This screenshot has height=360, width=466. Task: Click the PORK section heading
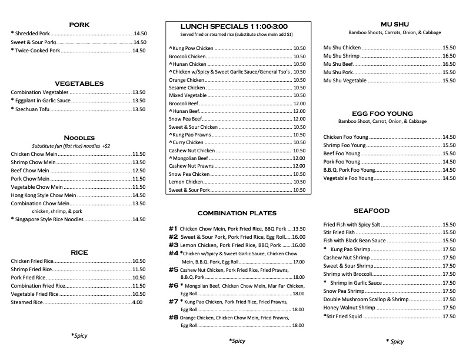(x=79, y=25)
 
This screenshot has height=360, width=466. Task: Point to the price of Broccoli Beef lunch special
(x=299, y=103)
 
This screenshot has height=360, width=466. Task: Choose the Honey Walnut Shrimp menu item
(x=349, y=308)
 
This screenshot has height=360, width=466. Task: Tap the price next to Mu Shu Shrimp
(x=449, y=56)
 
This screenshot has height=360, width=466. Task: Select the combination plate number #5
(x=174, y=269)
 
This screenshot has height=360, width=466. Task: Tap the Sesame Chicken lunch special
(x=187, y=88)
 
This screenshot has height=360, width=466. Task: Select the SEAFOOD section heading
(x=371, y=211)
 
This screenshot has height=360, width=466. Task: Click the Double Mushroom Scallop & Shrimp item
(x=365, y=299)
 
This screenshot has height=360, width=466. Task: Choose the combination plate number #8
(x=174, y=318)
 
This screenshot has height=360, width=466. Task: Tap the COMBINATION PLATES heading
(x=237, y=213)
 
